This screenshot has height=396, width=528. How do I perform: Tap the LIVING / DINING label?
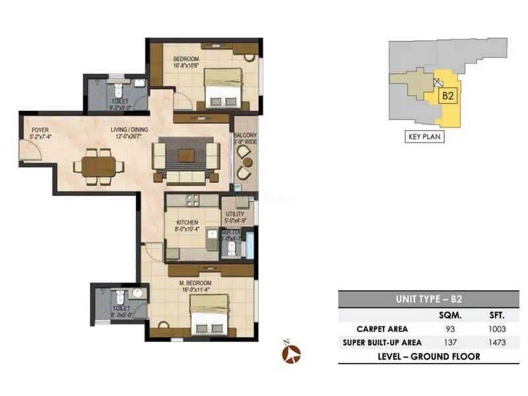click(129, 130)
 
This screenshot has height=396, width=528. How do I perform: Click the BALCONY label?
click(245, 137)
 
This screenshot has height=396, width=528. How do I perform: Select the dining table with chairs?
click(98, 164)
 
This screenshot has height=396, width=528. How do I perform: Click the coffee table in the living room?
click(185, 155)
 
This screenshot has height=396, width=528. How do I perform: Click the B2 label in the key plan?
click(447, 96)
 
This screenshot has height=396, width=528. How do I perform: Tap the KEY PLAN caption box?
click(424, 137)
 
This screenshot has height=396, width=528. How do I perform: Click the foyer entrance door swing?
click(31, 153)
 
